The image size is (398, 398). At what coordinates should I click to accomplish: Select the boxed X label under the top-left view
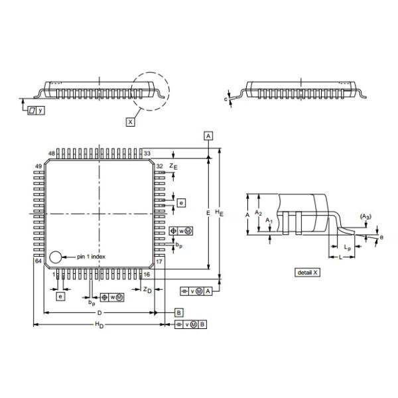pos(130,121)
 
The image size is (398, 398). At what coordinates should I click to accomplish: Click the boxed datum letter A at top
pos(209,135)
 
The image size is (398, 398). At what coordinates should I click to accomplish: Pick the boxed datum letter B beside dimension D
pos(178,312)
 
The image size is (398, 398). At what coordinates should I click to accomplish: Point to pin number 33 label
pos(147,153)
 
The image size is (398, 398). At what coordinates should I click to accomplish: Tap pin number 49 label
pos(38,166)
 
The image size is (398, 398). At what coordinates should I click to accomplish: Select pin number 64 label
pos(38,261)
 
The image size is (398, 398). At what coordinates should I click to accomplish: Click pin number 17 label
pos(160,261)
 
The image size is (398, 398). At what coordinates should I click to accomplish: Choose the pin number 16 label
pos(147,273)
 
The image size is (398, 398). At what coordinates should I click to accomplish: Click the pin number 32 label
pos(160,166)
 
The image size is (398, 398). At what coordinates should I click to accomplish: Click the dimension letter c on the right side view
pos(226,99)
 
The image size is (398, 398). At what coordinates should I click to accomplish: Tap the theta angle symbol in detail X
pos(381,237)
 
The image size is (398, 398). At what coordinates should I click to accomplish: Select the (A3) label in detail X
pos(365,217)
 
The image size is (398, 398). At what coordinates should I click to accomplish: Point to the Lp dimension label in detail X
pos(348,246)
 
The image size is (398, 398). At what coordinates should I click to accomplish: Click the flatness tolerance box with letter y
pos(36,109)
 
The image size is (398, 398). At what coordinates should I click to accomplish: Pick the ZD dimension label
pos(147,290)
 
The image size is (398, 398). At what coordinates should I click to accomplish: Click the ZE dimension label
pos(173,165)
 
